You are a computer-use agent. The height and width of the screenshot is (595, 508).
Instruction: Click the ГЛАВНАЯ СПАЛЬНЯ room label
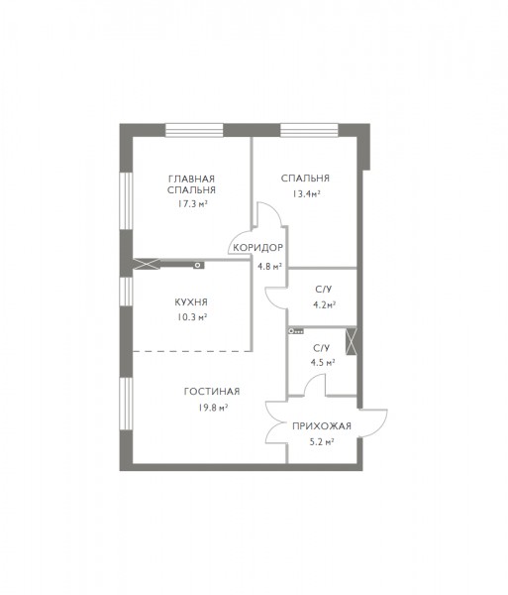click(x=191, y=184)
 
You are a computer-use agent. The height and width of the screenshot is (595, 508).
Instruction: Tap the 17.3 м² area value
click(x=192, y=204)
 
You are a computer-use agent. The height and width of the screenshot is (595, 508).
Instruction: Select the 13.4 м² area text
click(x=306, y=194)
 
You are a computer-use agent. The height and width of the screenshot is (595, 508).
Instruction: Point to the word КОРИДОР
click(x=258, y=248)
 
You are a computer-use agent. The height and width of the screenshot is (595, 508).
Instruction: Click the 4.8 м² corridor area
click(x=269, y=267)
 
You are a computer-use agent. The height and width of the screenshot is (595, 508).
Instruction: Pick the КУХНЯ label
click(x=191, y=302)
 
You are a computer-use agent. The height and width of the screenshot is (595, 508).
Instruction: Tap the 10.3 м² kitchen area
click(x=192, y=317)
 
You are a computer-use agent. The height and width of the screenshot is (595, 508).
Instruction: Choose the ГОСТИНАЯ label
click(x=212, y=392)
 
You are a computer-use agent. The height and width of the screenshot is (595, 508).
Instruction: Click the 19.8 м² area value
click(x=213, y=409)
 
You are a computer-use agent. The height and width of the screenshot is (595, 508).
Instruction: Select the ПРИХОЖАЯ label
click(x=322, y=426)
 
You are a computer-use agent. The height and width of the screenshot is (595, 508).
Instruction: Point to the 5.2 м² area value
click(x=322, y=442)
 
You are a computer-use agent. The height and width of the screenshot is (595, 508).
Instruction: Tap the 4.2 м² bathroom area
click(x=325, y=305)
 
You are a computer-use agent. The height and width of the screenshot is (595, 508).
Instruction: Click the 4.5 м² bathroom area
click(x=323, y=363)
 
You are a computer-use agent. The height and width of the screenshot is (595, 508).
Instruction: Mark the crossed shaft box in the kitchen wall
click(x=147, y=264)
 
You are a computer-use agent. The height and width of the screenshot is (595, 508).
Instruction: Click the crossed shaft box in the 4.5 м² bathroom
click(x=352, y=341)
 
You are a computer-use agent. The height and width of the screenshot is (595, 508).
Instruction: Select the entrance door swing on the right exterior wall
click(x=373, y=422)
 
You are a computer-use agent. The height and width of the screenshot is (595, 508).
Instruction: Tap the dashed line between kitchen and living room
click(x=192, y=351)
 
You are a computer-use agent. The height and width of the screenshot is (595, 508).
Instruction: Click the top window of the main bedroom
click(x=194, y=130)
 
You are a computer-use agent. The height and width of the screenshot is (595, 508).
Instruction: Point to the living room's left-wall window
click(x=126, y=404)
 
